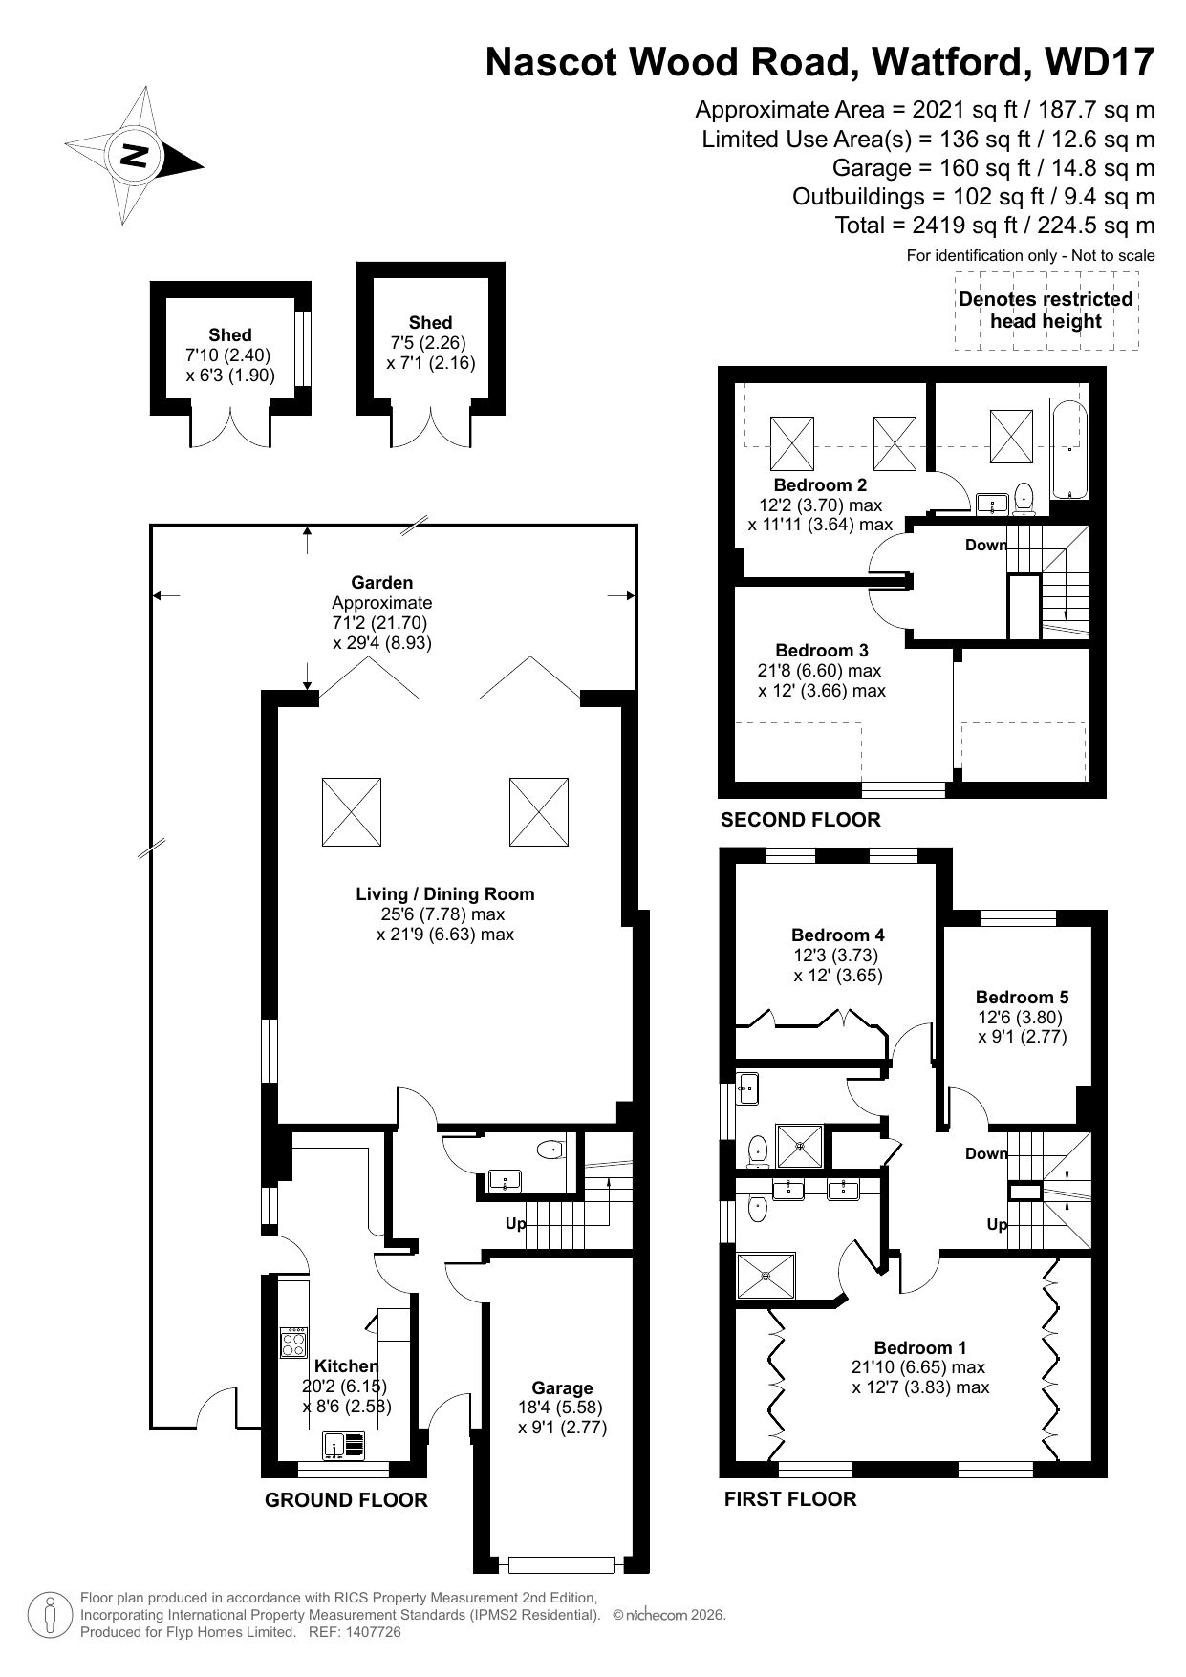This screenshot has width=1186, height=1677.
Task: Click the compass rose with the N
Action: [x=135, y=156]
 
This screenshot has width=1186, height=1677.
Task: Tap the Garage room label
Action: [x=562, y=1387]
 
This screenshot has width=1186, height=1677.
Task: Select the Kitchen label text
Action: [x=346, y=1365]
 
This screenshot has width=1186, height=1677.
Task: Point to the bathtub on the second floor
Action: [x=1069, y=449]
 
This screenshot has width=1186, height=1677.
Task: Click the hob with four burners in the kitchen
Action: [x=294, y=1343]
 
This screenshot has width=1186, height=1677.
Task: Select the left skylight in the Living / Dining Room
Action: [x=352, y=811]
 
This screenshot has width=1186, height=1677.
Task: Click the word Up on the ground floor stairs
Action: [x=515, y=1223]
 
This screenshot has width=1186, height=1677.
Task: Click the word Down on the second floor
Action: [x=985, y=545]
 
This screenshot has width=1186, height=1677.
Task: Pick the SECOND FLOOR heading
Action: [x=800, y=819]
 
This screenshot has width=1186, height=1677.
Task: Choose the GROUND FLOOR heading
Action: [x=346, y=1499]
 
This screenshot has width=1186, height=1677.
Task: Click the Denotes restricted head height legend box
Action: [x=1046, y=311]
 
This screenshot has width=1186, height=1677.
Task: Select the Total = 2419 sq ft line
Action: [x=995, y=226]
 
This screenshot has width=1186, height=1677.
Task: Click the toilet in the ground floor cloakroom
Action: [x=551, y=1150]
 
